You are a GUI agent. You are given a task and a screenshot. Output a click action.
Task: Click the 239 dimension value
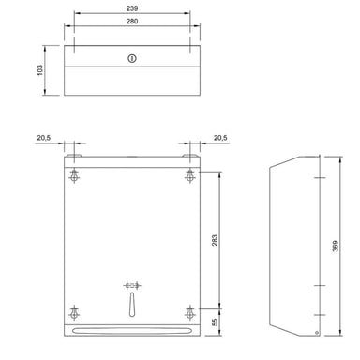[x=132, y=9]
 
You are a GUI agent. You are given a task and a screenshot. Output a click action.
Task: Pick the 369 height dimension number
[x=335, y=247]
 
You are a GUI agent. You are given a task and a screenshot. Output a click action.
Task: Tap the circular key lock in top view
[x=132, y=58]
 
